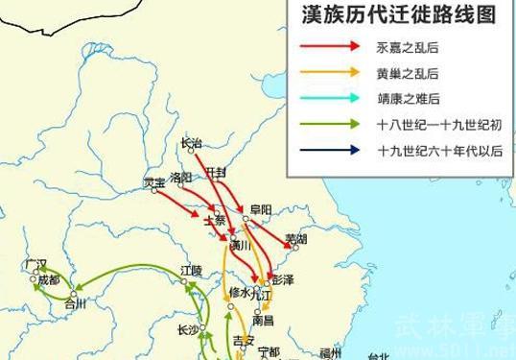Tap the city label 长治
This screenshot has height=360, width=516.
pos(191,143)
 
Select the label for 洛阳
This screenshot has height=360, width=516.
pos(179,178)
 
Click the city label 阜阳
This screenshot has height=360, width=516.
pos(259,208)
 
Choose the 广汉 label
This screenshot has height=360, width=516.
pos(36,263)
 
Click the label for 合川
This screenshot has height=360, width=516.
pos(75,305)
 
